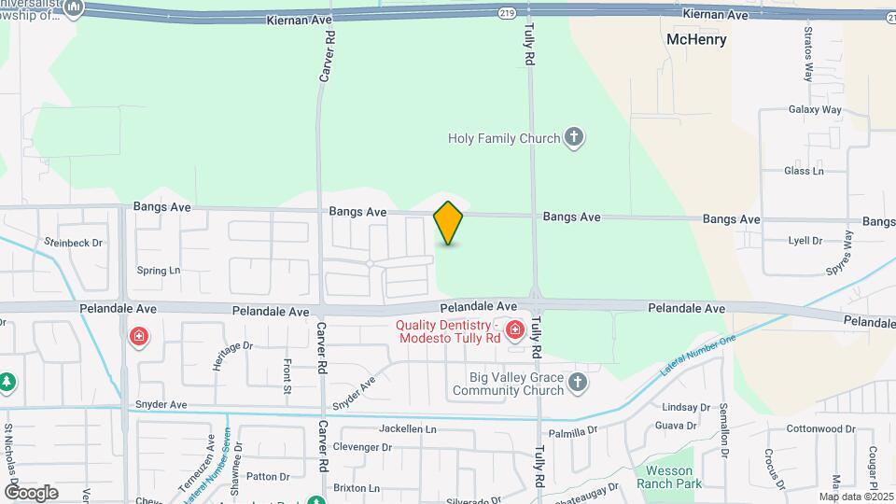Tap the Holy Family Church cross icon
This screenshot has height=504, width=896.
(574, 139)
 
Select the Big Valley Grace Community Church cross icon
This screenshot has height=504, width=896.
(578, 382)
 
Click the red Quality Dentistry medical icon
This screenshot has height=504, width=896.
(514, 330)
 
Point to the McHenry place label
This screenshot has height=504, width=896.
(696, 40)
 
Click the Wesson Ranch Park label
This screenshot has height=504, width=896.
(669, 477)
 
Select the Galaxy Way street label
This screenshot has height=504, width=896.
(814, 109)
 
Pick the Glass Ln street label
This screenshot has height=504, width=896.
(804, 171)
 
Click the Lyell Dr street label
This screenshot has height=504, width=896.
(805, 240)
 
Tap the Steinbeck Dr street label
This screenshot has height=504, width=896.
(73, 242)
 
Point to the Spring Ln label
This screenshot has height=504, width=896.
(158, 271)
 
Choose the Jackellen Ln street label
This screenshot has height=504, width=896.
(408, 428)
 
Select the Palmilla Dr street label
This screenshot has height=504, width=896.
(572, 432)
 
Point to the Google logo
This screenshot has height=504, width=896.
(31, 493)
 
